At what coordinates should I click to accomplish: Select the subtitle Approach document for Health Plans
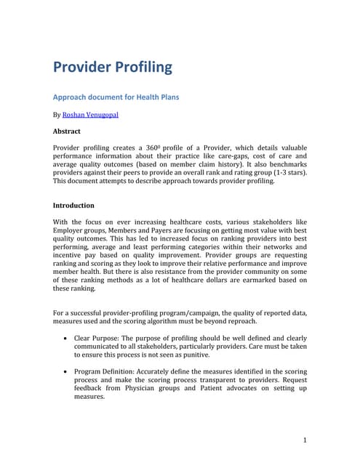[x=115, y=96]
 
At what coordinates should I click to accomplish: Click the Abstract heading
[x=67, y=132]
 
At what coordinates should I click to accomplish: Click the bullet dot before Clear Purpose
[x=67, y=339]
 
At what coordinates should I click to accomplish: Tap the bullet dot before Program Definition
[x=67, y=371]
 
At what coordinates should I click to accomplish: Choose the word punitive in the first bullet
[x=192, y=355]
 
